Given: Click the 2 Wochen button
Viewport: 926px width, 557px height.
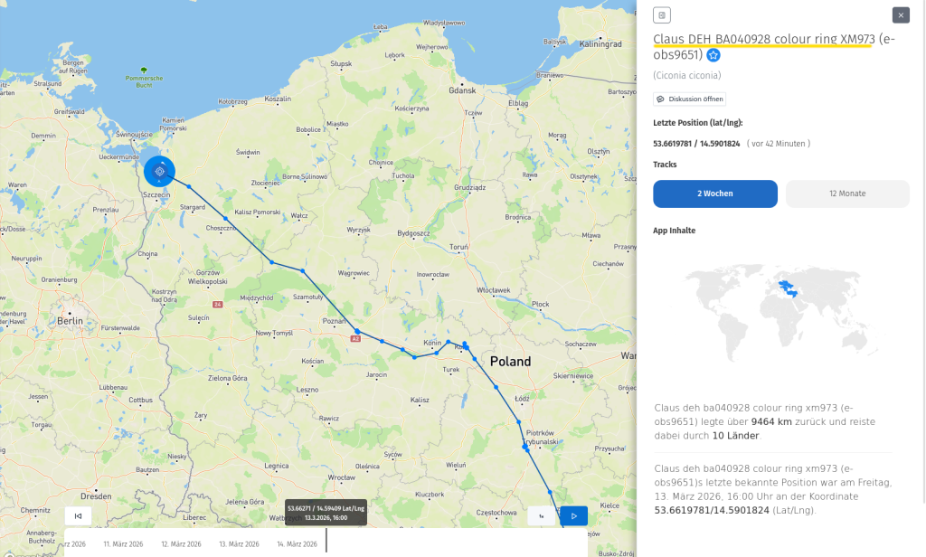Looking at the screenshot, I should [714, 194].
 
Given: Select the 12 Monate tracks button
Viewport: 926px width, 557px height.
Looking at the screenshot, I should [847, 194].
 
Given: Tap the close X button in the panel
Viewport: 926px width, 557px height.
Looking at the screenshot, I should [901, 15].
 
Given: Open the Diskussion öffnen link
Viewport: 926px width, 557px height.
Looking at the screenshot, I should [689, 99].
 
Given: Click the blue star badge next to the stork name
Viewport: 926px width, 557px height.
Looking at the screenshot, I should [713, 55].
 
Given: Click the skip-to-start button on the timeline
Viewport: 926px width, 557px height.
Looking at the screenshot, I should [78, 515].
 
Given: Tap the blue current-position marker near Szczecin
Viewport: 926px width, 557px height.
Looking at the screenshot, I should [159, 170].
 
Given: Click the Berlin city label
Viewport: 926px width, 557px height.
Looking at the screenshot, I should [70, 321].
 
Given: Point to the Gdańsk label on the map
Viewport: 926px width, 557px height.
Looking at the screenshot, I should [461, 90].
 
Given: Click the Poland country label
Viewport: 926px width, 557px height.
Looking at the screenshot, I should [510, 361].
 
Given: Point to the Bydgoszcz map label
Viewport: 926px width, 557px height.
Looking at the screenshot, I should [412, 232].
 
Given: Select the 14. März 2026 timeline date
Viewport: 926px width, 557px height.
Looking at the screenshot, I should [297, 544].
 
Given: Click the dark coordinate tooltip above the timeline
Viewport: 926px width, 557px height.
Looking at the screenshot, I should [326, 512].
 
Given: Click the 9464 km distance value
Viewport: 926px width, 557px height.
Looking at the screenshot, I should [770, 421].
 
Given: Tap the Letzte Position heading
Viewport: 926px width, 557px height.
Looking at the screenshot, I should [697, 122].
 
